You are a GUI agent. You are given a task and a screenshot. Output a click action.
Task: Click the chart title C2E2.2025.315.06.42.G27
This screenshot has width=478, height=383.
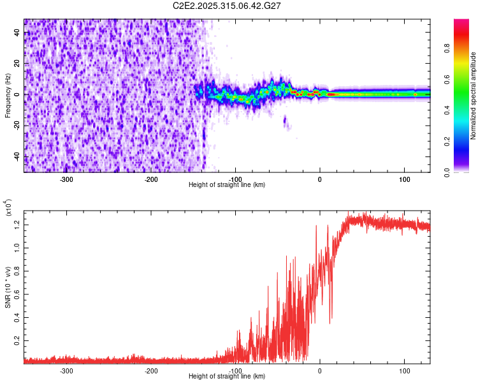(x=228, y=6)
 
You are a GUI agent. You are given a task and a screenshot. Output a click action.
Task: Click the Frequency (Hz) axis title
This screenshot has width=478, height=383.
(x=8, y=95)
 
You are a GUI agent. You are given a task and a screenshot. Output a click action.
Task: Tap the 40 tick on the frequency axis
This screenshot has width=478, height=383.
(x=17, y=33)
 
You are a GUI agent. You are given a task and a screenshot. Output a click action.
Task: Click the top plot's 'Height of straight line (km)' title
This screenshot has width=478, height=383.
(x=227, y=185)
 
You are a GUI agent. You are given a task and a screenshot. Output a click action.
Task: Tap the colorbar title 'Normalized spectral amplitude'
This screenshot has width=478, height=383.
(x=473, y=96)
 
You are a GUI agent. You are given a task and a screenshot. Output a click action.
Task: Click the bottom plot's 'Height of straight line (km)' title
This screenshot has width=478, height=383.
(x=227, y=377)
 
